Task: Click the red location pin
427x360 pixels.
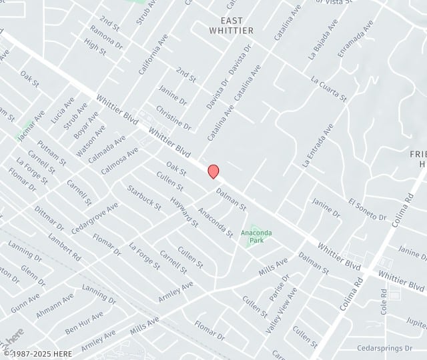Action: point(213,171)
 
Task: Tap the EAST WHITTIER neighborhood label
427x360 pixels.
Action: point(231,26)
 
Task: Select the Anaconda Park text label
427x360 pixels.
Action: point(256,235)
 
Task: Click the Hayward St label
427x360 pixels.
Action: point(184,211)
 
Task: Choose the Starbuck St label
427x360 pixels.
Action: point(145,198)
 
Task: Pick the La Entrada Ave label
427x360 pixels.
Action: point(317,145)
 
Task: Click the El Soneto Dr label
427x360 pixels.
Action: point(367,209)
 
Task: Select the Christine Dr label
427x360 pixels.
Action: point(173,117)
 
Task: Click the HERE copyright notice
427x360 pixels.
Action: point(36,353)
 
